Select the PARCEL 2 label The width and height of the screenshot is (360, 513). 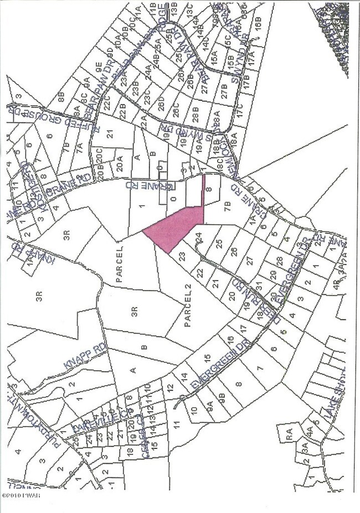click(x=187, y=313)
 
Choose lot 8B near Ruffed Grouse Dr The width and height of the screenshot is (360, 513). click(x=61, y=101)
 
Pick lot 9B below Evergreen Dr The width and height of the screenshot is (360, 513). click(x=222, y=397)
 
